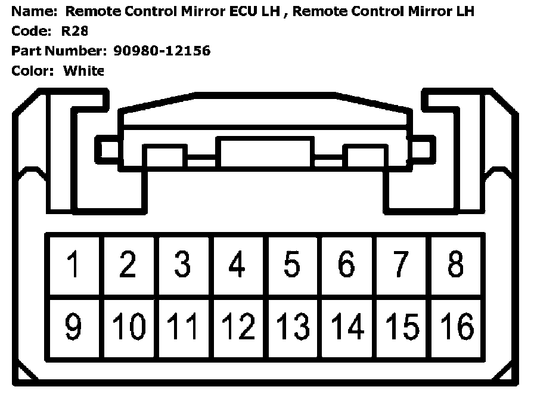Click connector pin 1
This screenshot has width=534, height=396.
point(74,264)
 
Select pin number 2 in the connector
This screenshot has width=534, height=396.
point(128,264)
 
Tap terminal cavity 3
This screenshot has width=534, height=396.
point(182,264)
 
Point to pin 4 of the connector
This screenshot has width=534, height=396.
point(237,264)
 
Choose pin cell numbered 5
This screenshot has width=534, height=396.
point(292,264)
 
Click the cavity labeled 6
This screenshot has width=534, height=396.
point(346,264)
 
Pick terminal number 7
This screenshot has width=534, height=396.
point(401,264)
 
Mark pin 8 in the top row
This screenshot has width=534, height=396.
point(456,264)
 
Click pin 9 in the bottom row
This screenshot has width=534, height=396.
point(74,327)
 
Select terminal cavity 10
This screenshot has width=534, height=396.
point(128,327)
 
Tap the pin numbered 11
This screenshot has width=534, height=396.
point(182,327)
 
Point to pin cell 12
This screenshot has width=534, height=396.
point(237,327)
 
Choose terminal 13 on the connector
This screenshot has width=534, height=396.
point(292,327)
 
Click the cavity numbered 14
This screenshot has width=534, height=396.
point(346,327)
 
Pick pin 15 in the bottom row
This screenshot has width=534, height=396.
point(401,327)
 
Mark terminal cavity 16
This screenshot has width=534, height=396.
point(456,327)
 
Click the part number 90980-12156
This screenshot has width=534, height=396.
point(161,51)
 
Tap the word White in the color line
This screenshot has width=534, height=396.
point(83,71)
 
